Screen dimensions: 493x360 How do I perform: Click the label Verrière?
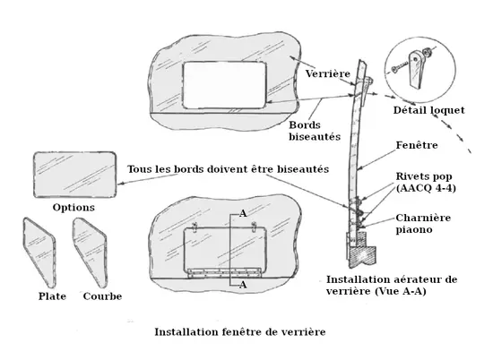click(x=327, y=73)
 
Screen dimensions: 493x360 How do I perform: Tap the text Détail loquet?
click(x=428, y=110)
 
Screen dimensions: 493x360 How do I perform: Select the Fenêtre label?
click(x=417, y=145)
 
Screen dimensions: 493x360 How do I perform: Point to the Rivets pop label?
click(x=423, y=176)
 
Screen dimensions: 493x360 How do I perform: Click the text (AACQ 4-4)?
click(x=426, y=188)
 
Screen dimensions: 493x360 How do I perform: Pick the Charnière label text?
click(x=423, y=218)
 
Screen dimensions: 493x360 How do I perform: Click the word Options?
click(x=74, y=208)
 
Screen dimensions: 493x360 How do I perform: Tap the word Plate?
click(x=52, y=296)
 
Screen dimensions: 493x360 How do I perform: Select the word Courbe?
click(x=102, y=296)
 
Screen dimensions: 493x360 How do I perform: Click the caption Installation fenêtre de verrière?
click(x=240, y=331)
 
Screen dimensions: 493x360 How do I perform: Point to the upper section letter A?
click(x=243, y=214)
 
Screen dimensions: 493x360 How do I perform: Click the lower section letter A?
click(x=243, y=285)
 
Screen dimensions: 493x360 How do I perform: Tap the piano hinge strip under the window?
click(x=224, y=272)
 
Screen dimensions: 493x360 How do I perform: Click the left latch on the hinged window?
click(x=195, y=227)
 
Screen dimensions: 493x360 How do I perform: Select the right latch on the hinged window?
click(x=254, y=227)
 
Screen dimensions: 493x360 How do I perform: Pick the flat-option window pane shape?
click(x=39, y=253)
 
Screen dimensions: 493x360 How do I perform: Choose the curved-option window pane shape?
click(x=90, y=253)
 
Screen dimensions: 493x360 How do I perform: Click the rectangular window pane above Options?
click(x=74, y=175)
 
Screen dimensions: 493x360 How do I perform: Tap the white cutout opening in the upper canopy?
click(x=224, y=85)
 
